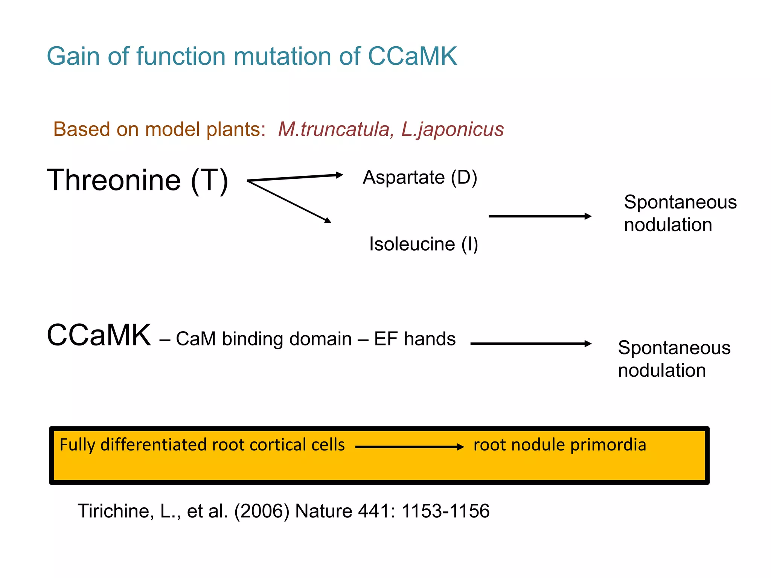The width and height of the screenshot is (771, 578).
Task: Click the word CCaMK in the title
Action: click(412, 56)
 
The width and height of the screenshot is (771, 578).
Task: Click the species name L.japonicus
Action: click(453, 129)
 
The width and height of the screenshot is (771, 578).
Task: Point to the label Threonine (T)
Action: click(137, 180)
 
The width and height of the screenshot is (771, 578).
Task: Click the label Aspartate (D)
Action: click(420, 177)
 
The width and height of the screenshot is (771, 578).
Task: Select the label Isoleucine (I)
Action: click(424, 244)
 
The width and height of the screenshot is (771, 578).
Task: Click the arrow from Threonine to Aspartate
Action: click(296, 178)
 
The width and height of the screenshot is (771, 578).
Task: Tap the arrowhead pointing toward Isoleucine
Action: click(328, 220)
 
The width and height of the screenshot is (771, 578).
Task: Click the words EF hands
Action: click(414, 339)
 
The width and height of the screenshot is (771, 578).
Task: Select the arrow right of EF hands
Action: click(531, 344)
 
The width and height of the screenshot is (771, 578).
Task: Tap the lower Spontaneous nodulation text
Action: click(674, 359)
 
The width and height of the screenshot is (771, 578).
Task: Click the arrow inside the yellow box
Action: click(409, 447)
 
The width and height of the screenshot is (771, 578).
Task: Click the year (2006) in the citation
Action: click(262, 511)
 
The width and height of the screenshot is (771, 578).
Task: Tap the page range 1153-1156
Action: click(445, 511)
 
